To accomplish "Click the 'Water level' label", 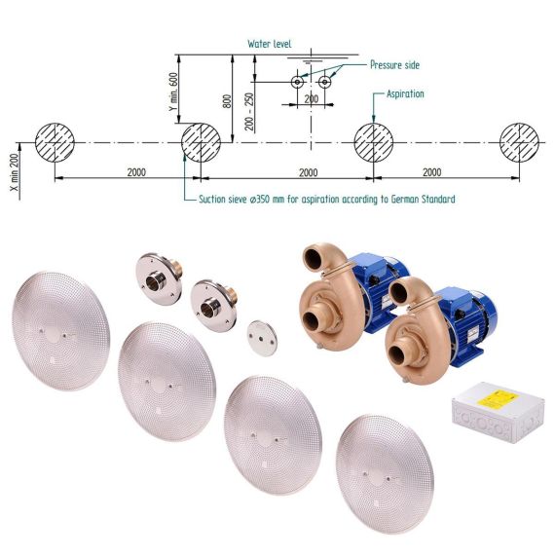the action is point(270,44).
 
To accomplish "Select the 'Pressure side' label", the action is point(394,65).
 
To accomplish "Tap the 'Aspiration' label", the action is point(405,93).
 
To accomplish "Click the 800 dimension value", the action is point(228,101).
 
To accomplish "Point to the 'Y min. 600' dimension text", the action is point(173,92).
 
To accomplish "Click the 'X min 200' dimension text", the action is point(15,172).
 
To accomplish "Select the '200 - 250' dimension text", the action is point(249,112).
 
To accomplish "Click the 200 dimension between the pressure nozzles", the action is point(312,98).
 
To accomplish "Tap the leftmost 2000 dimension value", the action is point(136,172).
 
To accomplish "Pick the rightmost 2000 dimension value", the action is point(431,172).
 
